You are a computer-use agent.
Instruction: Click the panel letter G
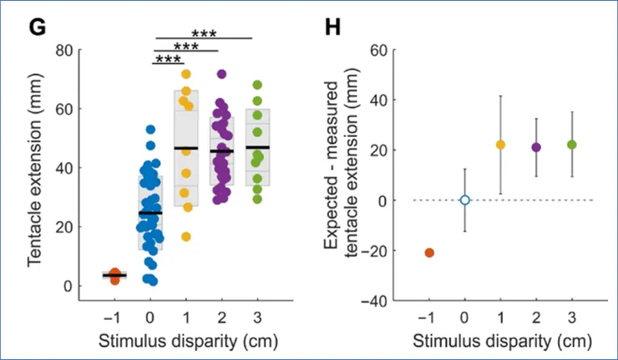click(36, 27)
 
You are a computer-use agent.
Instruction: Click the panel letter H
click(332, 27)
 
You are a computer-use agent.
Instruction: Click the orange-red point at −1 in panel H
click(429, 252)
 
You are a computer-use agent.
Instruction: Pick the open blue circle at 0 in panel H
click(465, 200)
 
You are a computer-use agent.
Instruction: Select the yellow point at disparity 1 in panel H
click(501, 145)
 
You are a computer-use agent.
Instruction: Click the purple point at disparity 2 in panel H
click(536, 147)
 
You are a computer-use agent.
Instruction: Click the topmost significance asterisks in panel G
click(204, 34)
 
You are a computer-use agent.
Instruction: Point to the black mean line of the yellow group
click(186, 148)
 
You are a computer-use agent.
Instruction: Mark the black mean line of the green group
click(258, 147)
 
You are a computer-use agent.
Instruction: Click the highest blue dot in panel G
click(150, 129)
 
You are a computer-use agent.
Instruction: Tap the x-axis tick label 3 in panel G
click(258, 318)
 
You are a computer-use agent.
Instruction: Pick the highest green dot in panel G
click(258, 84)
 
